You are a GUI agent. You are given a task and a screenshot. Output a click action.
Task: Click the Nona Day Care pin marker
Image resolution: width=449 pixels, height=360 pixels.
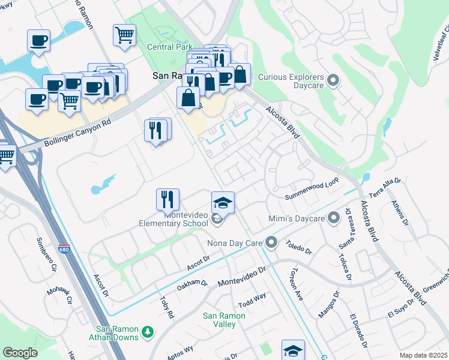pos(272,243)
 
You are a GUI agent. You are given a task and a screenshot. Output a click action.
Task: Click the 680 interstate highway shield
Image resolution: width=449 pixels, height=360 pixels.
pos(64,249)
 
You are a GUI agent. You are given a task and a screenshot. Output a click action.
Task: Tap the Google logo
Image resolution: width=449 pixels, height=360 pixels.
pos(20,353)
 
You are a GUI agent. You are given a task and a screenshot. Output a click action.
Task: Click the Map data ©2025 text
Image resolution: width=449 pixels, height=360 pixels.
pos(423,355)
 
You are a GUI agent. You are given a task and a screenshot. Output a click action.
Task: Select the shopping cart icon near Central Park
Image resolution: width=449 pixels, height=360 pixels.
pos(124,34)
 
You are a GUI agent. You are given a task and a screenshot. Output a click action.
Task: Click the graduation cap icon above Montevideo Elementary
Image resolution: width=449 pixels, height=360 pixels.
pos(223,202)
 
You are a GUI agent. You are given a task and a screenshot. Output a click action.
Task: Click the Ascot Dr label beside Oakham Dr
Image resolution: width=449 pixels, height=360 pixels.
pos(198,262)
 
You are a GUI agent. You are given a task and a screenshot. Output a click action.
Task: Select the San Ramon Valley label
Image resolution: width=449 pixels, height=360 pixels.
pos(224,320)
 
